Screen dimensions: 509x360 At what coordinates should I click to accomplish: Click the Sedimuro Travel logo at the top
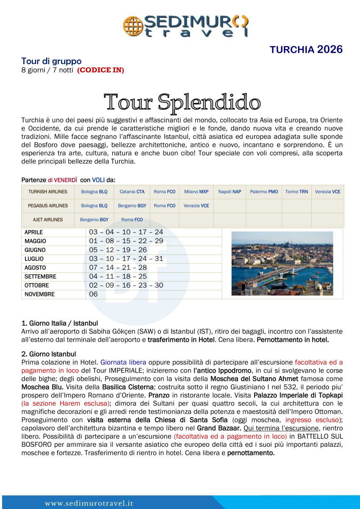click(x=186, y=26)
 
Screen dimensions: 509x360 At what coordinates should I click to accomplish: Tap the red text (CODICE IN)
click(x=100, y=70)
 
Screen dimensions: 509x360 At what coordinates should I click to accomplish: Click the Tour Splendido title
click(x=182, y=102)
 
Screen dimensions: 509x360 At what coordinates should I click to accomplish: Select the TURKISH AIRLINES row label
click(x=48, y=192)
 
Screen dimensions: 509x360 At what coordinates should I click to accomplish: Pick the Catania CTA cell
click(x=132, y=192)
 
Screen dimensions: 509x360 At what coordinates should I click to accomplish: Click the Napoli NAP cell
click(x=230, y=192)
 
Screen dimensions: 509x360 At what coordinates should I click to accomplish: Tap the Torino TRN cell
click(x=296, y=192)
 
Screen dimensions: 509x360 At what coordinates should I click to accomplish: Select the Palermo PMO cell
click(x=264, y=192)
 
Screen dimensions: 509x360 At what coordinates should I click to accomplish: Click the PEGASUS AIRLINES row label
click(x=48, y=206)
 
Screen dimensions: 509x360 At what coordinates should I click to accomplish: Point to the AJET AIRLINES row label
click(x=48, y=220)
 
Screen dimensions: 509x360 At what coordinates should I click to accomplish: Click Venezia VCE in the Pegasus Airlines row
click(x=196, y=206)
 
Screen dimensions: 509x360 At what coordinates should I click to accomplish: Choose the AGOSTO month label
click(x=35, y=268)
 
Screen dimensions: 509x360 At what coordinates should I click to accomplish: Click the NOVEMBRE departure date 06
click(x=93, y=294)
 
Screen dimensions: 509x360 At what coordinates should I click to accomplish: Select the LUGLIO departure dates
click(x=126, y=259)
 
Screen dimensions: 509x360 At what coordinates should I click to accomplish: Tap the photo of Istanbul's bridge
click(x=282, y=263)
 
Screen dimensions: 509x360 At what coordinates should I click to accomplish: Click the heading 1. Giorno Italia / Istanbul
click(x=60, y=323)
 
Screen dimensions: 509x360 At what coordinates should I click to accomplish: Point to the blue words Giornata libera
click(x=123, y=362)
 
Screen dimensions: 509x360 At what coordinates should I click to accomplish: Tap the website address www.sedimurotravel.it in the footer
click(x=89, y=503)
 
